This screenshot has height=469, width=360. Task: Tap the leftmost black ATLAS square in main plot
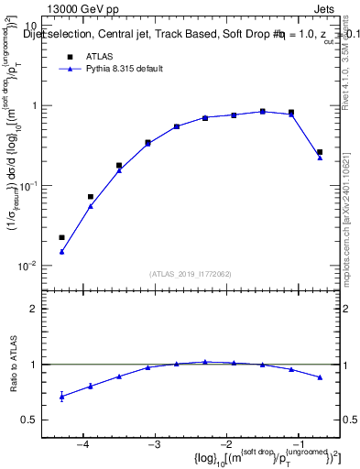pyautogui.click(x=61, y=237)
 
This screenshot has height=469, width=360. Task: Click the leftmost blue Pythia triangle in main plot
pyautogui.click(x=61, y=251)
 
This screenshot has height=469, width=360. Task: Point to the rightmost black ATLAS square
pyautogui.click(x=320, y=152)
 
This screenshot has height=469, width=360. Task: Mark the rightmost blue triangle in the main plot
pyautogui.click(x=320, y=158)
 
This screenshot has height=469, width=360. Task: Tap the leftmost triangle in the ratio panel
pyautogui.click(x=61, y=397)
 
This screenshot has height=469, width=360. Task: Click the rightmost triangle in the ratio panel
pyautogui.click(x=320, y=377)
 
